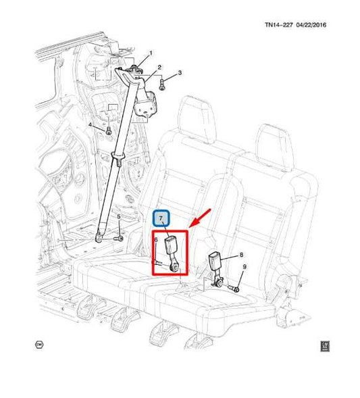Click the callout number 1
pyautogui.click(x=151, y=53)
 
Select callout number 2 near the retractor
pyautogui.click(x=159, y=68)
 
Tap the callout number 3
pyautogui.click(x=180, y=73)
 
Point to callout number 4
pyautogui.click(x=90, y=125)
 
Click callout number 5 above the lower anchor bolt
pyautogui.click(x=118, y=217)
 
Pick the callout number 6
pyautogui.click(x=156, y=240)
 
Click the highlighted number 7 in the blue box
pyautogui.click(x=161, y=218)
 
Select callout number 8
pyautogui.click(x=241, y=255)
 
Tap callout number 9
pyautogui.click(x=245, y=267)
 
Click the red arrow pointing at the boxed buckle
pyautogui.click(x=201, y=218)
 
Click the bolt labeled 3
pyautogui.click(x=162, y=84)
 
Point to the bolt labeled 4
pyautogui.click(x=109, y=131)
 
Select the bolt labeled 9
pyautogui.click(x=234, y=288)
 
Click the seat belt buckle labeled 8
pyautogui.click(x=215, y=269)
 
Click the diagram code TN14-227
pyautogui.click(x=279, y=25)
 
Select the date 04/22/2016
pyautogui.click(x=311, y=25)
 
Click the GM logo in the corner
pyautogui.click(x=325, y=346)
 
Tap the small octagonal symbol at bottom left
pyautogui.click(x=39, y=345)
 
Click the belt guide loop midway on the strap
pyautogui.click(x=118, y=155)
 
